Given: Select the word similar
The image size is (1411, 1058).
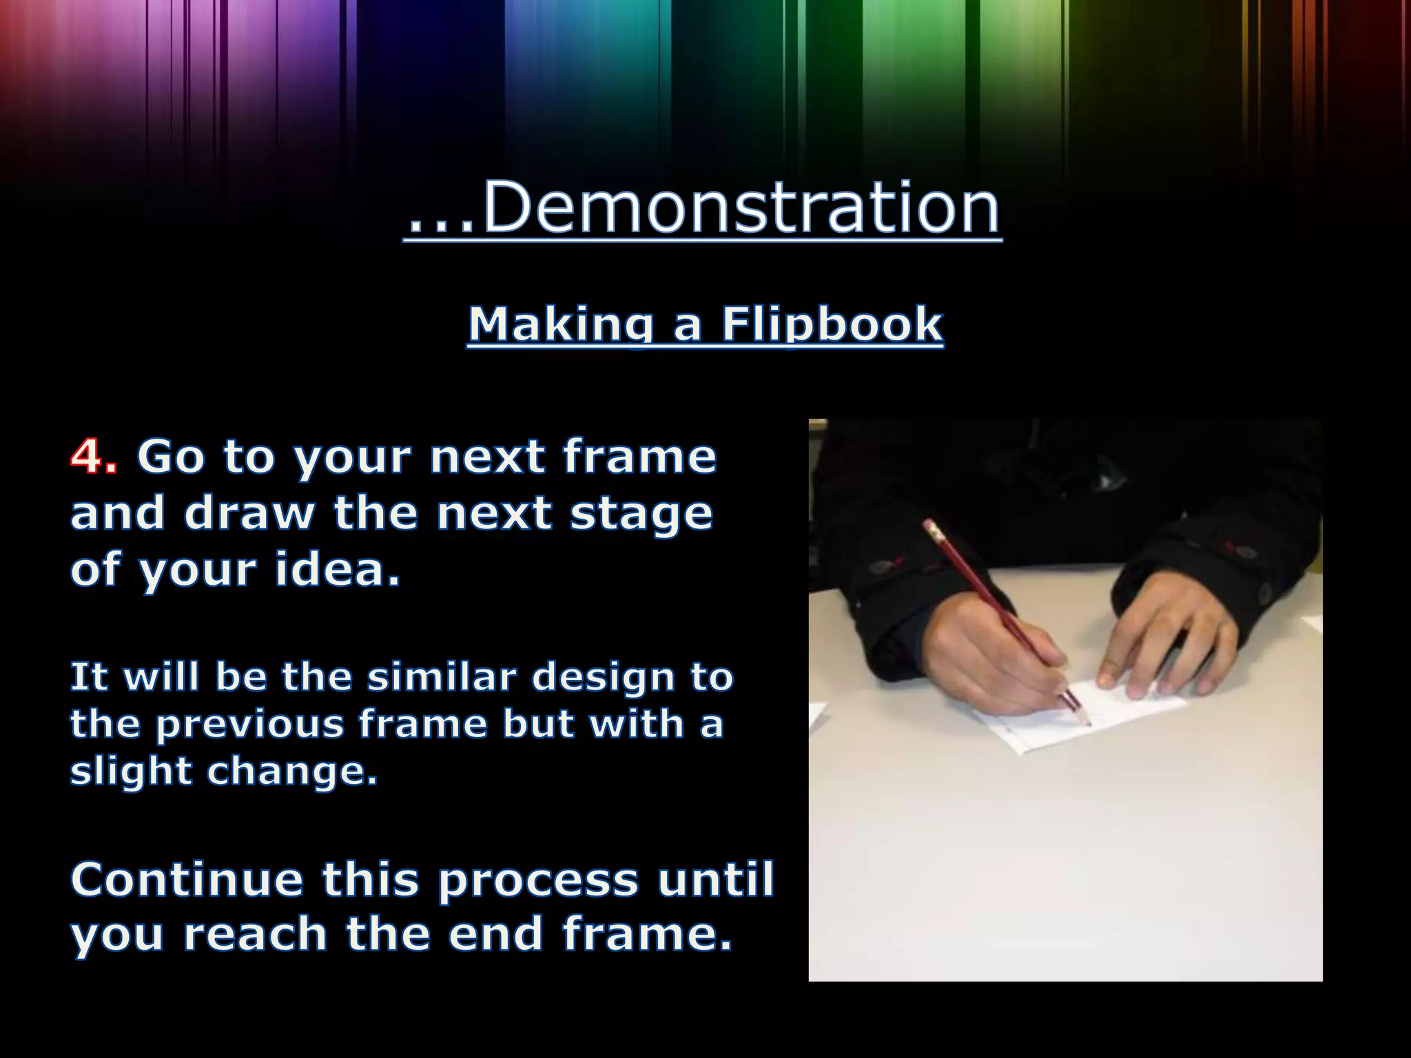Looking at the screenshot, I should pos(441,677).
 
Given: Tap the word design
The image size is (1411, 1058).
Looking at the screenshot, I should pos(604,678).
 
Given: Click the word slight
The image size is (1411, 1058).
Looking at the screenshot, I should pos(130,771).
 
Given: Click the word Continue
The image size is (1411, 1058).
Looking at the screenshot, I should pos(187,880).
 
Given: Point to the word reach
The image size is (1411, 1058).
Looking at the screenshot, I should pos(254,935).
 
